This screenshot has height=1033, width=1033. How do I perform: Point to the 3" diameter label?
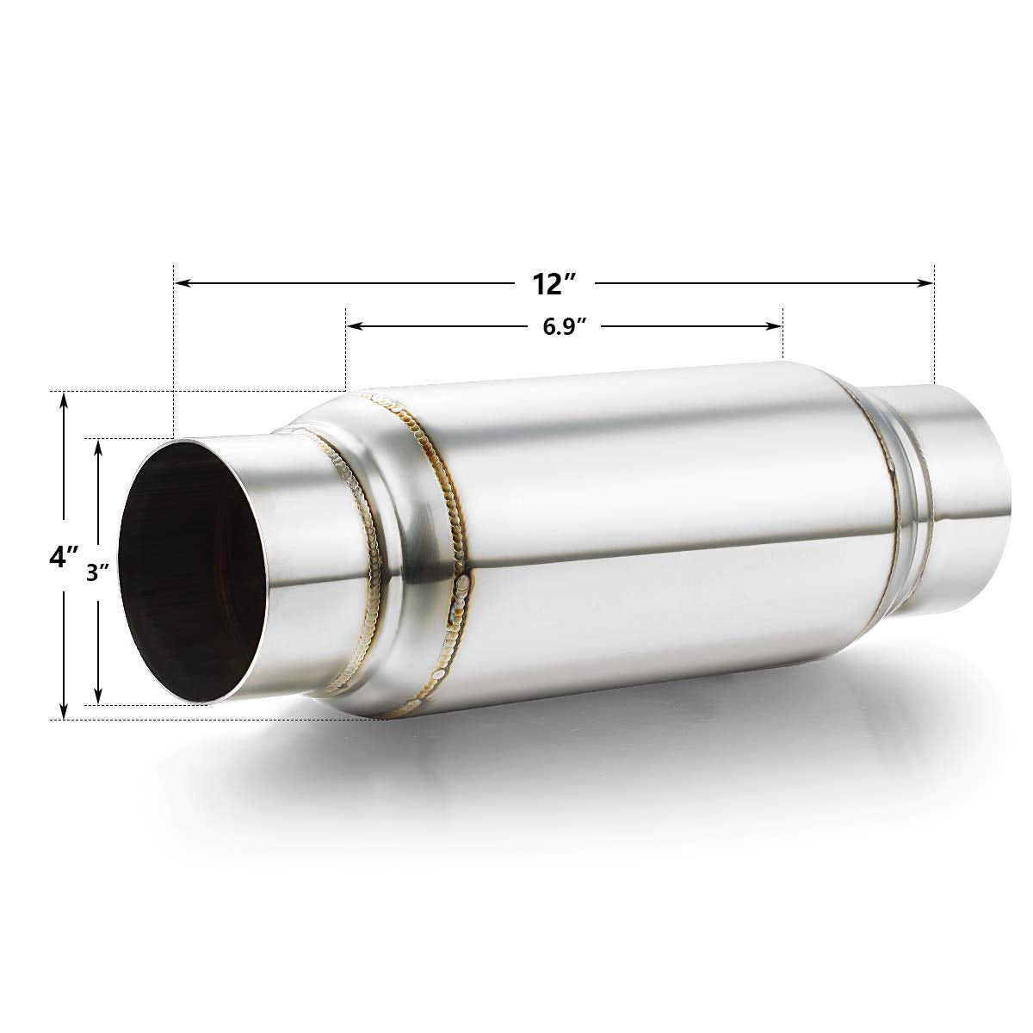99,574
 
